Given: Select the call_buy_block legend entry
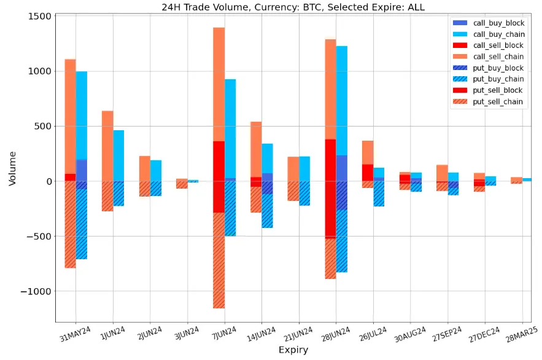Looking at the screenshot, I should point(497,23).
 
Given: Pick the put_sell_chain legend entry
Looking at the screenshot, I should point(497,102).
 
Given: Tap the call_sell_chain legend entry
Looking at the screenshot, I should point(497,57).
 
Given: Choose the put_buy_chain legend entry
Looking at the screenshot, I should point(497,79).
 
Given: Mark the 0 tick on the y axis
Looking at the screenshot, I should point(46,182).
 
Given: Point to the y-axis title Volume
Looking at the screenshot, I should point(13,168).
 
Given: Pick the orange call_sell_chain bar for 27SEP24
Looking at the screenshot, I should point(442,173).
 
